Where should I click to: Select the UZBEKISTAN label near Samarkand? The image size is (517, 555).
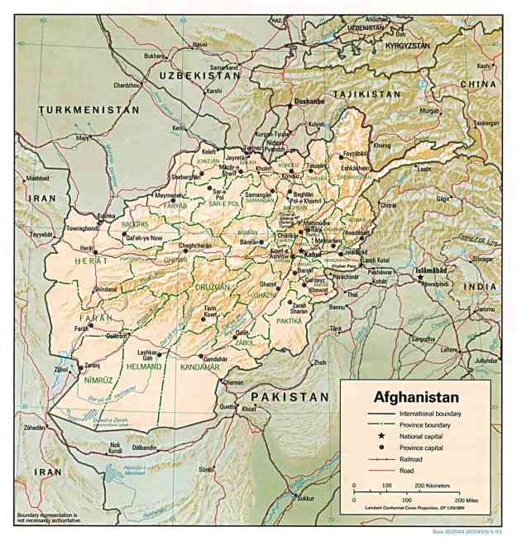pos(194,74)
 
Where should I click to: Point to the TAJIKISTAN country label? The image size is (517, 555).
pos(366,94)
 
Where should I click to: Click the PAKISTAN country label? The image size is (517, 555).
pos(290,397)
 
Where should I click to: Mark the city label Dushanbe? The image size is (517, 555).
pos(309,103)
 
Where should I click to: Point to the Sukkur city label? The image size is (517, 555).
pos(307,499)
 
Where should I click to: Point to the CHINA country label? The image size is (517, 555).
pos(478,84)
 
